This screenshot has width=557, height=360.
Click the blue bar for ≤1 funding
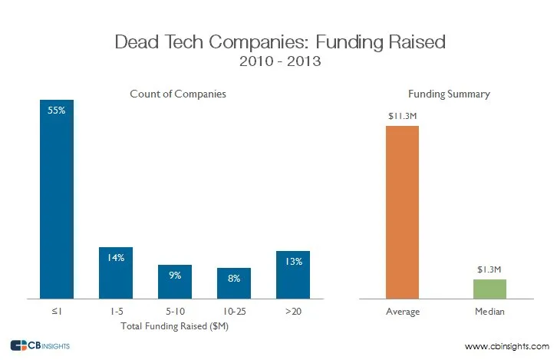click(57, 200)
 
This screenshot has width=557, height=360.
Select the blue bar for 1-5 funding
click(116, 272)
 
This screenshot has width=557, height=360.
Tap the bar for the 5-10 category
click(175, 282)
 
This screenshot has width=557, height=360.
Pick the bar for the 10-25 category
click(233, 283)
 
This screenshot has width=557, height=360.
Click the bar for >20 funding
click(292, 275)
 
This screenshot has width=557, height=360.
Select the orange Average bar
click(402, 212)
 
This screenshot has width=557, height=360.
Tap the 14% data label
click(116, 257)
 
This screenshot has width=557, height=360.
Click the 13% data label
click(292, 262)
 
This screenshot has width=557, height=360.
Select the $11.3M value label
click(402, 116)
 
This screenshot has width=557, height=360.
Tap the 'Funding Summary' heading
click(449, 94)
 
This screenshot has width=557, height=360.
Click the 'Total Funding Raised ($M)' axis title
click(176, 326)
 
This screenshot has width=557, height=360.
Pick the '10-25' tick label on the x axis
click(233, 312)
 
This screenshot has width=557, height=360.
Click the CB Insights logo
click(40, 345)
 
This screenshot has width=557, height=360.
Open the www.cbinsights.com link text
click(508, 346)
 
